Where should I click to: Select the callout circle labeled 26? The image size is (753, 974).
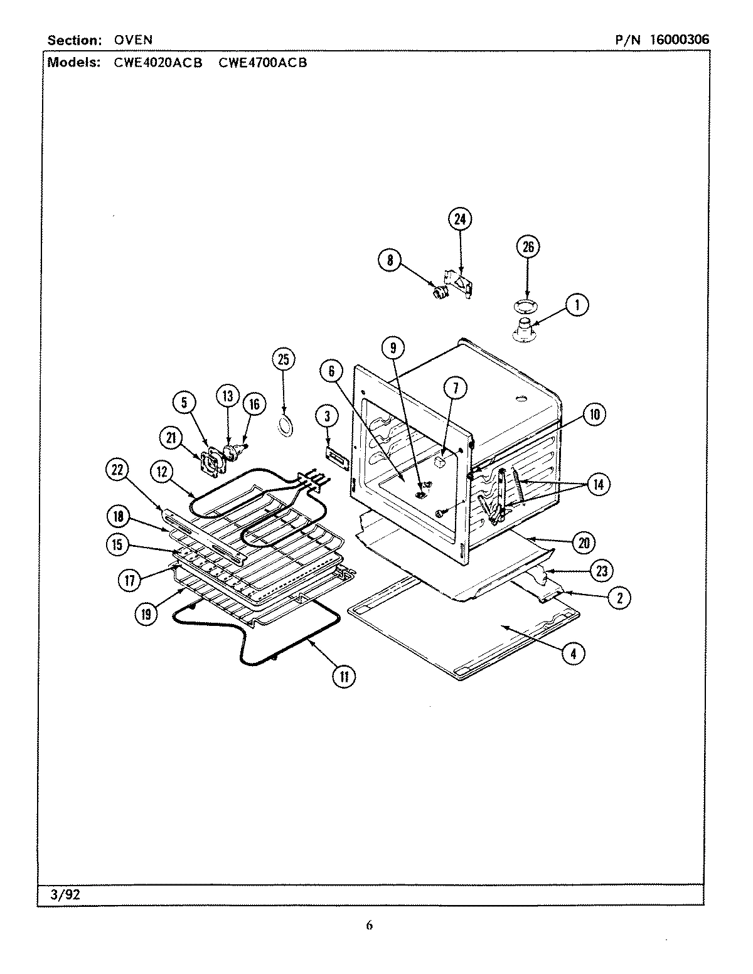(528, 246)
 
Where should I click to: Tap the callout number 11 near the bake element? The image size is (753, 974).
(343, 675)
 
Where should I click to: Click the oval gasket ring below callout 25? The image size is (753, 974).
(286, 426)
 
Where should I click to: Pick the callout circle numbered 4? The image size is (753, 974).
(572, 653)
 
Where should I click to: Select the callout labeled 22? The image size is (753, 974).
(119, 469)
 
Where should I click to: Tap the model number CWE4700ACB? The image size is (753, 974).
(263, 63)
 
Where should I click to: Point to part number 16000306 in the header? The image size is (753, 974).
(679, 40)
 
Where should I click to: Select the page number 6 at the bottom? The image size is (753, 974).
(369, 925)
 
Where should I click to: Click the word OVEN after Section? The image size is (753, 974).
(133, 40)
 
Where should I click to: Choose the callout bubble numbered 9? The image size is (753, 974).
(392, 347)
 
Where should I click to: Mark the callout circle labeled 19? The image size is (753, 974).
(146, 614)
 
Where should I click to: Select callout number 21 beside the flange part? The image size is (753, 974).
(170, 440)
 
